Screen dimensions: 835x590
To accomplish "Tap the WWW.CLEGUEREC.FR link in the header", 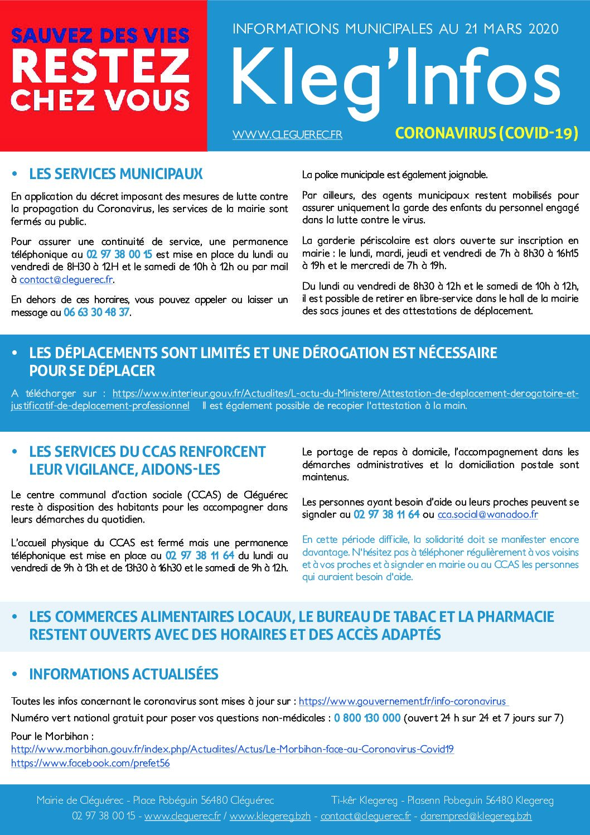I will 287,134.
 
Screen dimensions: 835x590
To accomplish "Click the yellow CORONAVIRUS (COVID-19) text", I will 486,133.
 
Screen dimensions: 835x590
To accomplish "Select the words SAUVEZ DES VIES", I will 100,36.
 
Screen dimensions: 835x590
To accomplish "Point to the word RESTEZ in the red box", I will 100,66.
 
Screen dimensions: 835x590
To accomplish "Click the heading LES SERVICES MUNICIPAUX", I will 115,174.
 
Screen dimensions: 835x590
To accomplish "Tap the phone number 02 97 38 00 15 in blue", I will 119,254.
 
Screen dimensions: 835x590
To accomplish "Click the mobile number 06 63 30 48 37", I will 96,312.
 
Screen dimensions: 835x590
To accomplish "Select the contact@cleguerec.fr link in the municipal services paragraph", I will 66,279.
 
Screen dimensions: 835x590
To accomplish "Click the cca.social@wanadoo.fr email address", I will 487,514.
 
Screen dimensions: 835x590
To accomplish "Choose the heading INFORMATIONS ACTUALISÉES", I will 123,674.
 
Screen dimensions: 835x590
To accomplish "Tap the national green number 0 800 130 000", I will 367,718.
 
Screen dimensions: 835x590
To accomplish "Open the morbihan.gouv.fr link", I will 232,749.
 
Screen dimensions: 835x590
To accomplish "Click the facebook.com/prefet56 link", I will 90,763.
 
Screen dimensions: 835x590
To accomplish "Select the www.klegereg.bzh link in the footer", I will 270,816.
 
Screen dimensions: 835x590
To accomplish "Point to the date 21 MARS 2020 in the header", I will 511,29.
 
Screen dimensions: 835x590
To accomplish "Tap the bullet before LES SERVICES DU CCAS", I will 15,451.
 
